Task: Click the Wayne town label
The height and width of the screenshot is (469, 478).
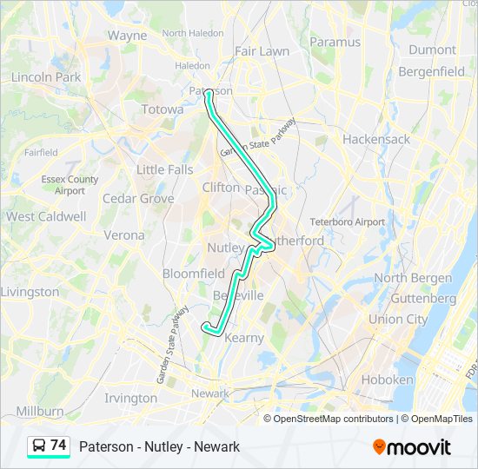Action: (x=127, y=36)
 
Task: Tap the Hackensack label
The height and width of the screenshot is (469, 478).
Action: (x=375, y=139)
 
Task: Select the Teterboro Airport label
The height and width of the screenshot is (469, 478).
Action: (x=347, y=221)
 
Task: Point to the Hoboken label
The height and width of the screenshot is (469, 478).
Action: (x=387, y=380)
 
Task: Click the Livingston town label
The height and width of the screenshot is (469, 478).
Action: (x=30, y=292)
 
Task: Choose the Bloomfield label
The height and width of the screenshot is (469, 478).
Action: (x=194, y=274)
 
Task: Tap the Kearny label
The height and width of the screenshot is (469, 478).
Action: (x=243, y=337)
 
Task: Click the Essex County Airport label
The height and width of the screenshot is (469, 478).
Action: (x=70, y=185)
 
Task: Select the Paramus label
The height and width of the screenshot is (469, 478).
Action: (x=334, y=42)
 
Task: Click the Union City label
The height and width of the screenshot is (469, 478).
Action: (x=398, y=319)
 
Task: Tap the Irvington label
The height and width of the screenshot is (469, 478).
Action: (x=130, y=398)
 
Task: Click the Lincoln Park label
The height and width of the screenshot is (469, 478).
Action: (x=45, y=77)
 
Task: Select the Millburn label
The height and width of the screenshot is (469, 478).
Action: (x=40, y=410)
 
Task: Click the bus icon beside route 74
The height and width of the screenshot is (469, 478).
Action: (x=39, y=446)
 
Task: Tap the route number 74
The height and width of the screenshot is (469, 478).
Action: (x=58, y=446)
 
